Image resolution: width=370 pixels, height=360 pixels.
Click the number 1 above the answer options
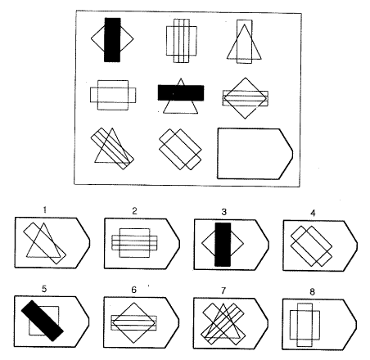tap(45, 209)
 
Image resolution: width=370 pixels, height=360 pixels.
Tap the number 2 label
tap(134, 211)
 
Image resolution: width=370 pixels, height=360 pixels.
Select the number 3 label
tap(223, 212)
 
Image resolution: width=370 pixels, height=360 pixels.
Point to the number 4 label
tap(313, 213)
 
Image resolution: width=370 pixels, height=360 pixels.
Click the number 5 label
tap(44, 289)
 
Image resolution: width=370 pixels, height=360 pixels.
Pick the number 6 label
tap(133, 290)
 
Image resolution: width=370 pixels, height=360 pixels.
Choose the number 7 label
tap(223, 290)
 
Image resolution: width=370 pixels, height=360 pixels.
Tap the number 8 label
tap(312, 292)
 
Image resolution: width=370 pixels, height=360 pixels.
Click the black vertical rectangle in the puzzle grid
tap(112, 40)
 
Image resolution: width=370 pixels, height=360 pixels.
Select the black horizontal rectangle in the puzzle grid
tap(181, 92)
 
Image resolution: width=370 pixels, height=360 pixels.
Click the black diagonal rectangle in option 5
tap(43, 321)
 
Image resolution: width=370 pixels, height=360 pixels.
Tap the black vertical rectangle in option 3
tap(223, 245)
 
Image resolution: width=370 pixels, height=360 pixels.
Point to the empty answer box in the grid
tap(255, 154)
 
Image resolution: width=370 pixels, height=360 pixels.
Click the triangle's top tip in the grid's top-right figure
tap(245, 25)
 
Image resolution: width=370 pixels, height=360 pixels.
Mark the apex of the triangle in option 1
tap(43, 223)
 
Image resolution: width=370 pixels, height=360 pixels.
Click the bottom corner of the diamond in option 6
tap(133, 343)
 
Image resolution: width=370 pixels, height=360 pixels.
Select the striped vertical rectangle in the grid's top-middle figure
tap(182, 41)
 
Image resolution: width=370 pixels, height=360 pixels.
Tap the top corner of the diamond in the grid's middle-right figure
tap(246, 78)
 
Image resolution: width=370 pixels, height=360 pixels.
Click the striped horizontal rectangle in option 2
tap(134, 243)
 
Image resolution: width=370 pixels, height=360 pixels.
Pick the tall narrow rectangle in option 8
tap(305, 325)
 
